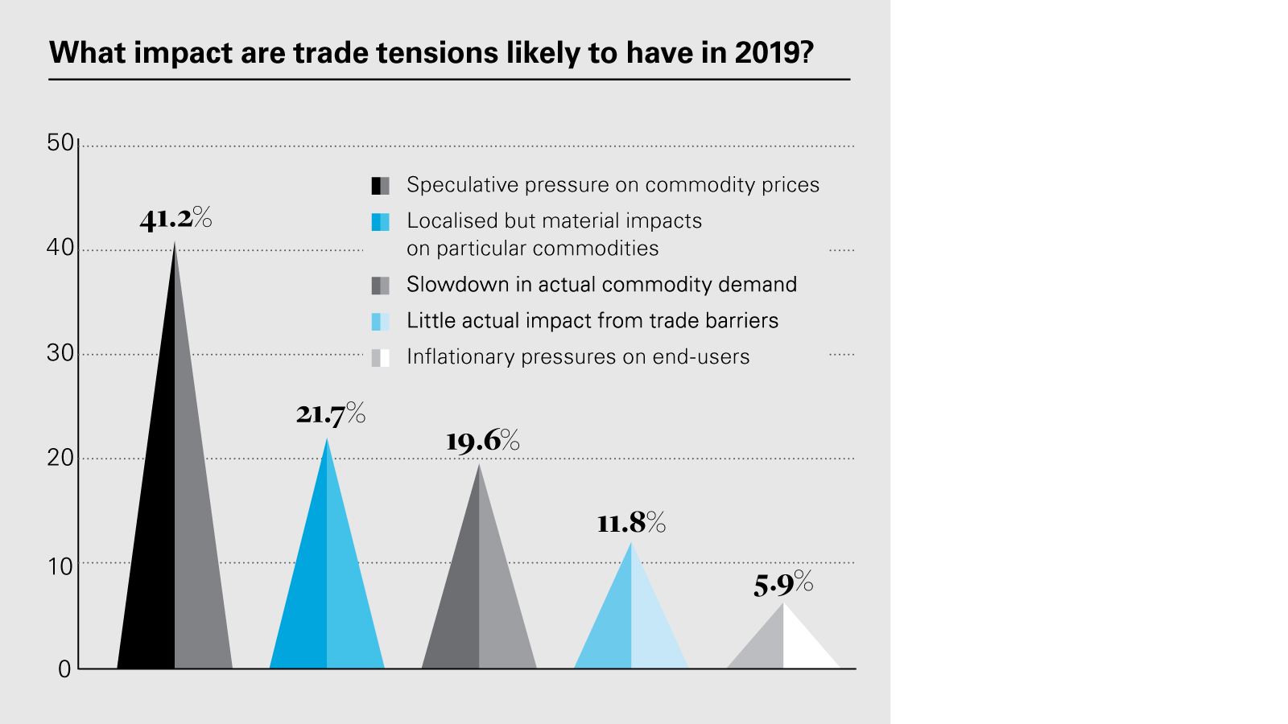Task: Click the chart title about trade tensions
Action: pos(431,53)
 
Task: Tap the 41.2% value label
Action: pos(175,219)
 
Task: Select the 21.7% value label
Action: pos(330,414)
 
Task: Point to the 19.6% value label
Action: pos(482,441)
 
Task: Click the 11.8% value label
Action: pos(631,524)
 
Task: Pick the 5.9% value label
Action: pos(782,584)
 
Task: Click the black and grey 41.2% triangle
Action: pos(175,547)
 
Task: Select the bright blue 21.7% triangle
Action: pos(327,595)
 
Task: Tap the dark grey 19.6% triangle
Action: pos(479,603)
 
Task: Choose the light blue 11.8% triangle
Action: pos(631,627)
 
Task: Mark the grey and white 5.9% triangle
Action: pos(783,644)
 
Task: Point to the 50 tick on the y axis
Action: pos(60,143)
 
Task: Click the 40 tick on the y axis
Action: pos(60,248)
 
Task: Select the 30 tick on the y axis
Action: pos(60,353)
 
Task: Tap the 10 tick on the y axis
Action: pos(60,566)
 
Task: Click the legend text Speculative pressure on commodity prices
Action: pos(613,185)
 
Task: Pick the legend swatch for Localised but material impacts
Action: pos(380,222)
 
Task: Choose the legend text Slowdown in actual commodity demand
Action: pos(601,285)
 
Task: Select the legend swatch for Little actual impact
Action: pos(380,322)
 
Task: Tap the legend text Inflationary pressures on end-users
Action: pos(578,357)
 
